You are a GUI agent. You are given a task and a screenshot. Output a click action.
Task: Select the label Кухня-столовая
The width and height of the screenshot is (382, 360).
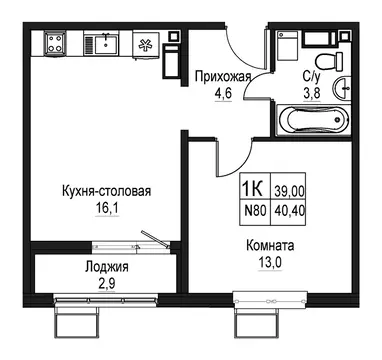93,192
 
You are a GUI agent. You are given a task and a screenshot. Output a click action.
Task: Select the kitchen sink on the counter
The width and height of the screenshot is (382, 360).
103,43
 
